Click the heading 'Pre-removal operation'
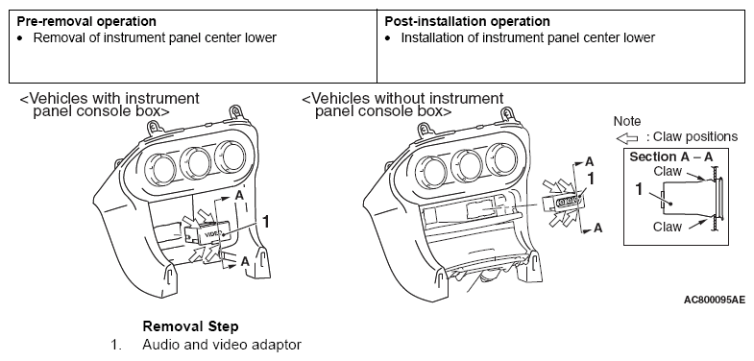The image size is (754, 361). [86, 22]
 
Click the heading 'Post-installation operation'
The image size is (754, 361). [467, 22]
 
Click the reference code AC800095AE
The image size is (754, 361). [715, 300]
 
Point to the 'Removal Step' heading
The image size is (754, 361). [190, 326]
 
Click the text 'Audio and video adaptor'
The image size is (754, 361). [222, 345]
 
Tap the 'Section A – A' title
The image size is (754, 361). [671, 157]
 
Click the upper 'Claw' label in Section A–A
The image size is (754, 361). [668, 171]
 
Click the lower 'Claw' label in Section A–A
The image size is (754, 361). [667, 227]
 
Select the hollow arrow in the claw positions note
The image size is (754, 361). [627, 138]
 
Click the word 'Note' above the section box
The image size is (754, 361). [627, 122]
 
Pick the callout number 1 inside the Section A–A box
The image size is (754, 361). [639, 190]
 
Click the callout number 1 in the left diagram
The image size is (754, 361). [264, 222]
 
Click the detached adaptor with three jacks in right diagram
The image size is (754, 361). [564, 203]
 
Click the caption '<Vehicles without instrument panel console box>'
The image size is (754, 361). [403, 105]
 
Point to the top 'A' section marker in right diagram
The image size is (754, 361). [590, 162]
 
